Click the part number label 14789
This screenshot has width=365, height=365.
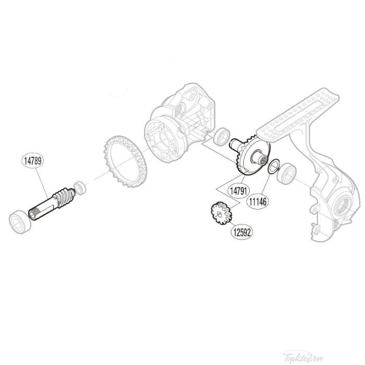click(32, 160)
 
